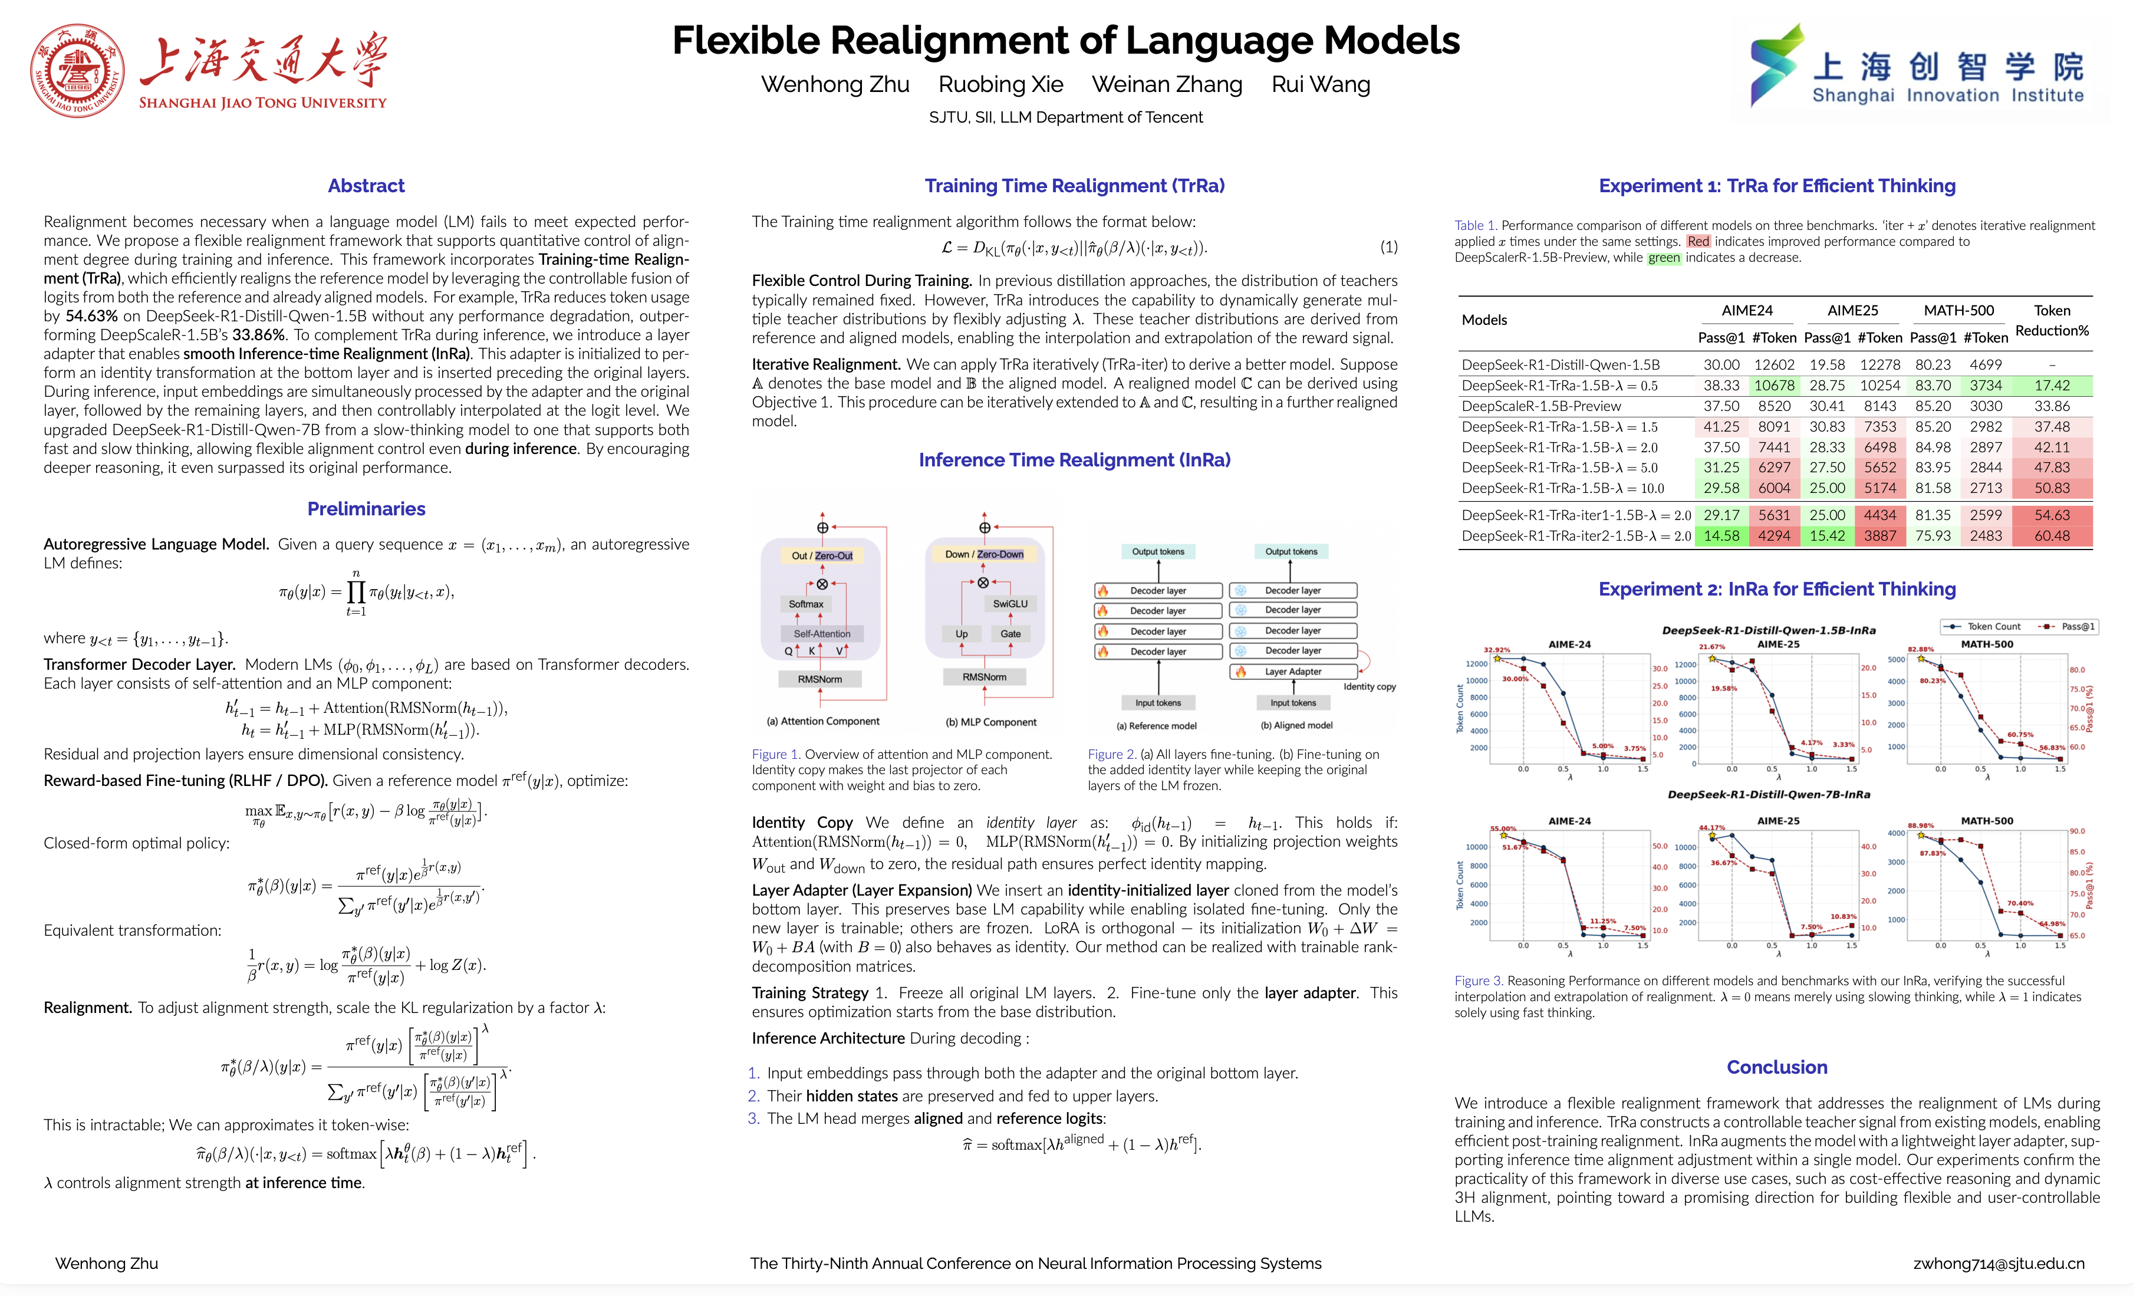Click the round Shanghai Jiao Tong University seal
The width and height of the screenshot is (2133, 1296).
click(x=77, y=71)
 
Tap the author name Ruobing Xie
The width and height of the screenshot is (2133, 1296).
click(x=1000, y=85)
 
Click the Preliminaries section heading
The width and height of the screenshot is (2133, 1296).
click(x=366, y=508)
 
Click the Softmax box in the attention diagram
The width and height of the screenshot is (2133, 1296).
click(x=806, y=604)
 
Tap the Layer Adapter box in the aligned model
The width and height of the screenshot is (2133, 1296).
click(x=1293, y=672)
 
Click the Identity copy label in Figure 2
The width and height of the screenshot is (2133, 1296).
click(x=1370, y=686)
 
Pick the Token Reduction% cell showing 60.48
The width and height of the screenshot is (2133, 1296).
click(x=2052, y=536)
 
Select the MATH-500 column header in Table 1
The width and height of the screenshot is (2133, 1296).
click(x=1958, y=311)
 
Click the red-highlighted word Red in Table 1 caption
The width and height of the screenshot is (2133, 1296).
click(x=1697, y=242)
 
